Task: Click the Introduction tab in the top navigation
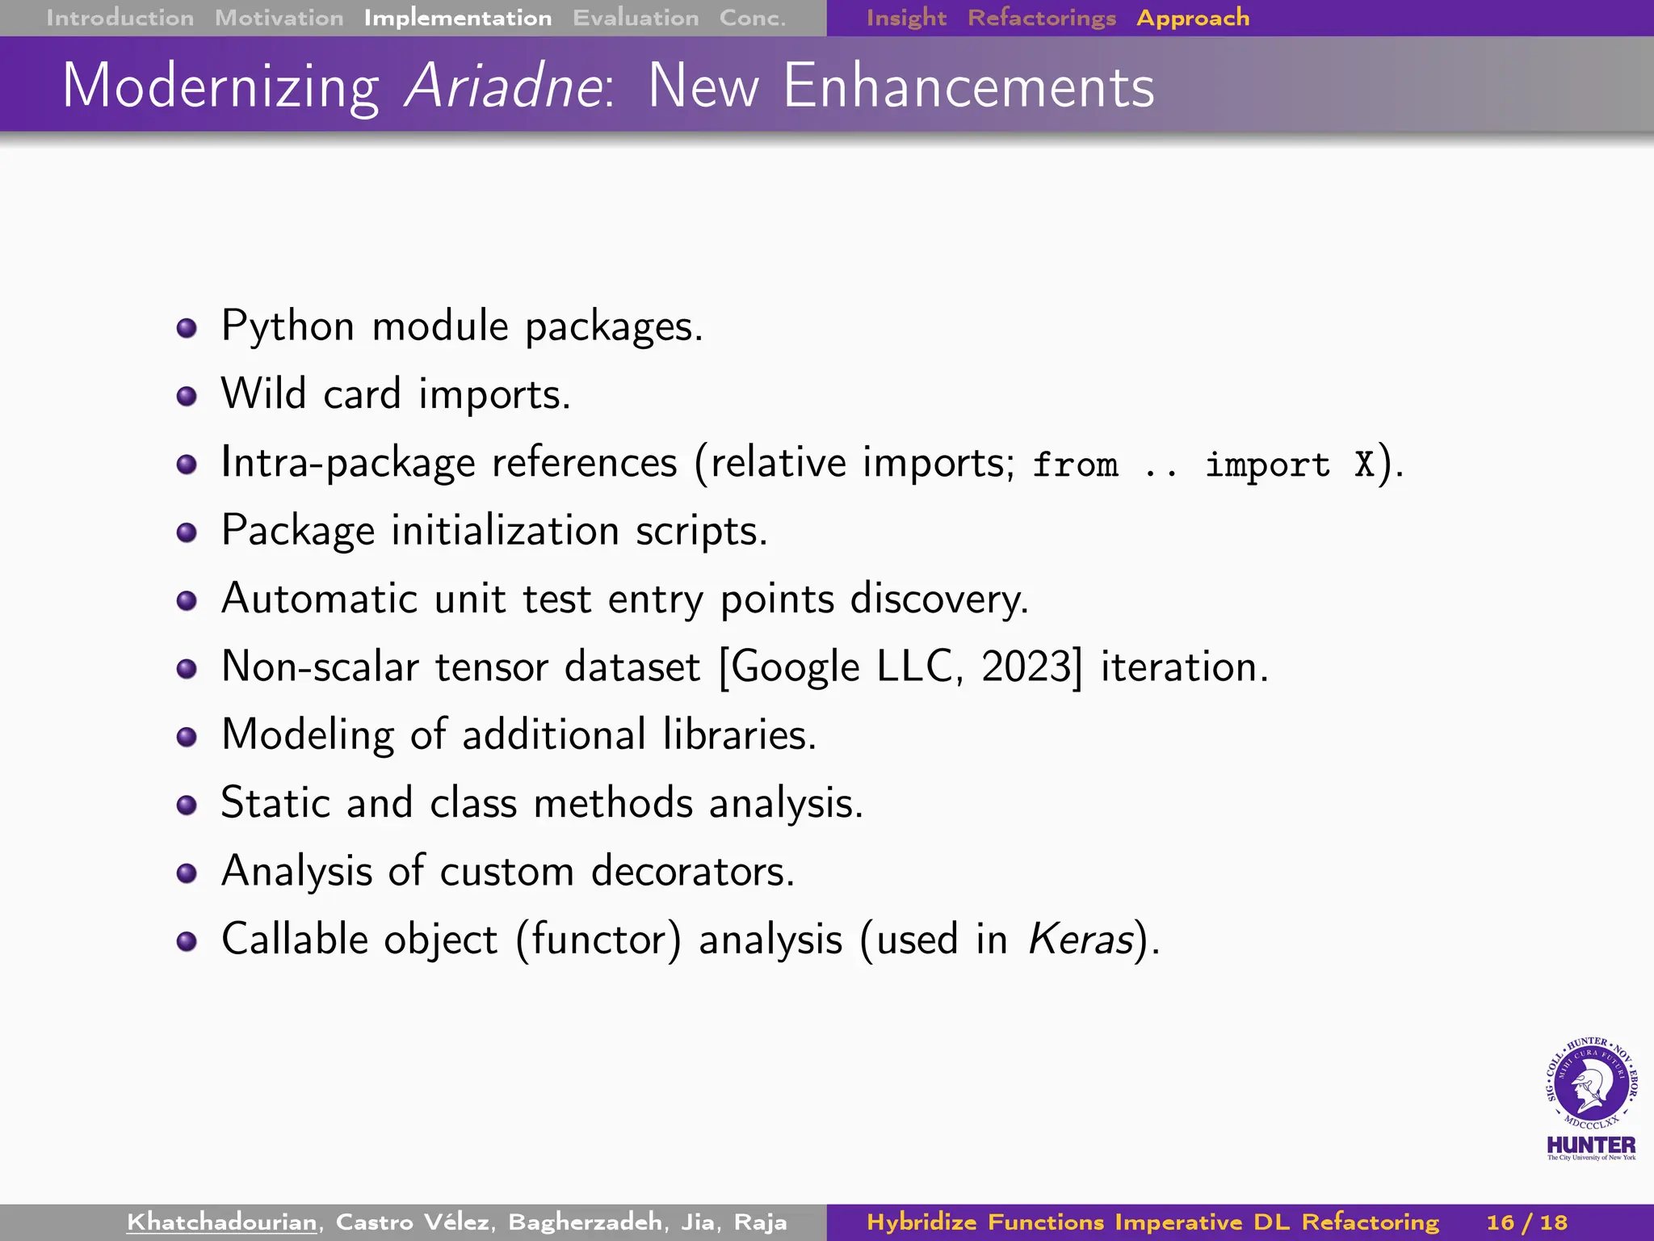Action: tap(120, 18)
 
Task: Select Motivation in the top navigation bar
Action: tap(279, 18)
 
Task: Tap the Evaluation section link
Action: tap(636, 18)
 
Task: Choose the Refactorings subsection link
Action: tap(1041, 18)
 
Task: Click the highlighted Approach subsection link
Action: tap(1192, 18)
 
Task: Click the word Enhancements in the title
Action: tap(968, 86)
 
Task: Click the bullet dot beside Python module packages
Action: tap(187, 328)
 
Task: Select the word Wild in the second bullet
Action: tap(263, 394)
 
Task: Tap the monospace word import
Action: tap(1266, 465)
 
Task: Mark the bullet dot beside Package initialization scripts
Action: tap(187, 532)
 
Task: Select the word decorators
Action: tap(692, 871)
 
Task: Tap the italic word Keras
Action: tap(1081, 939)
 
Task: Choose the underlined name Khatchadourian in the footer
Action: tap(221, 1222)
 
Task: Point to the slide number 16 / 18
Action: tap(1526, 1222)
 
